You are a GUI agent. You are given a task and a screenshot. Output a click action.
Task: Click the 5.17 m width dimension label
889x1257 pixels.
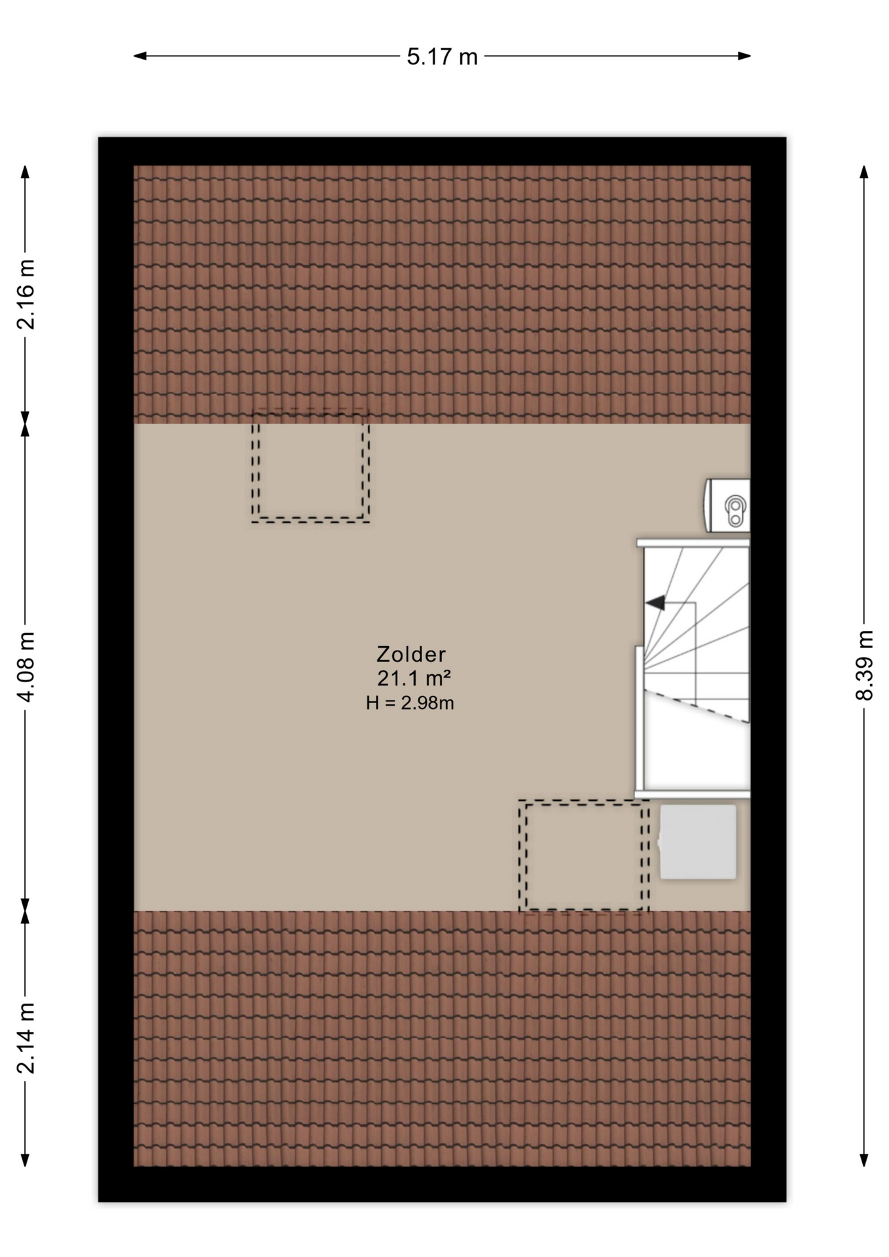[442, 57]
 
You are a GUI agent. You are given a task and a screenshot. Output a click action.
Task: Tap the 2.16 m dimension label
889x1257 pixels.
[26, 294]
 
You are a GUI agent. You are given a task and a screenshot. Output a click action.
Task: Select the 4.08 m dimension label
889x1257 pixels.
[26, 667]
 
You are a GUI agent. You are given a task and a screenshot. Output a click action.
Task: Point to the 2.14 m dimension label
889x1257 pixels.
[26, 1038]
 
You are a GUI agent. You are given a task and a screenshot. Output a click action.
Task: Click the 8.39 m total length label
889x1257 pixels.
[864, 665]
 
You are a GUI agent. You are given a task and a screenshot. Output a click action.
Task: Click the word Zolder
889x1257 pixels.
[411, 654]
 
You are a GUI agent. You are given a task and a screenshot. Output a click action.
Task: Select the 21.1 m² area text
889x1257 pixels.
[414, 678]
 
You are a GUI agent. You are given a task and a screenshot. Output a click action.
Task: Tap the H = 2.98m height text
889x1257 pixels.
[410, 703]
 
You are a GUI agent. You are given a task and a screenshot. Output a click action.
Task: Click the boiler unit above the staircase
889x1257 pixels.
[727, 505]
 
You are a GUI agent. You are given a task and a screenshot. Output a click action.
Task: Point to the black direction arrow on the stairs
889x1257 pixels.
[655, 602]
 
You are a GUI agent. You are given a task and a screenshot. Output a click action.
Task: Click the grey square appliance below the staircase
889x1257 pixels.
[698, 842]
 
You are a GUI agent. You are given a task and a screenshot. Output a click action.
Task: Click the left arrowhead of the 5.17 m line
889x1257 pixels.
[139, 56]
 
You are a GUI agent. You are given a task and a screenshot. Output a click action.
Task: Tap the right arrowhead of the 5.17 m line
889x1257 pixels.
[745, 56]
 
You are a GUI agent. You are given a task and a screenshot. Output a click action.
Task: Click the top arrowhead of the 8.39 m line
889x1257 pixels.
[864, 172]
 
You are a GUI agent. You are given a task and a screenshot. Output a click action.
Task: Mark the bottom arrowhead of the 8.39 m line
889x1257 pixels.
[864, 1160]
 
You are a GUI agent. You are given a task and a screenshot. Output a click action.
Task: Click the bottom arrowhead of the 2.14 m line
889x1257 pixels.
[26, 1160]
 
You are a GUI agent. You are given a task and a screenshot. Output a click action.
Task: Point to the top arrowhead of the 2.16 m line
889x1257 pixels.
[26, 172]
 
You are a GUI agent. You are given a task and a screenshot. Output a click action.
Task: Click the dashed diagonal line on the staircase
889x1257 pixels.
[697, 706]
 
